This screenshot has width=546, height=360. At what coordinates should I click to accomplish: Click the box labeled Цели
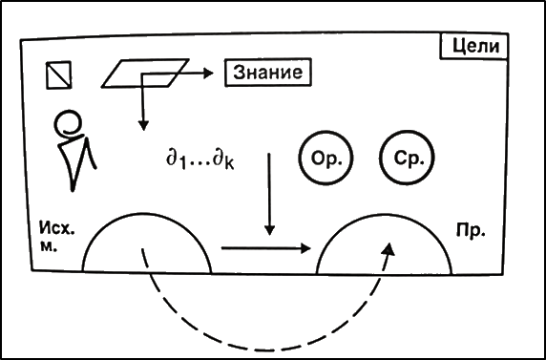pyautogui.click(x=473, y=47)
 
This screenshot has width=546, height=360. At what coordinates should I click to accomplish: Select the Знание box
pyautogui.click(x=268, y=73)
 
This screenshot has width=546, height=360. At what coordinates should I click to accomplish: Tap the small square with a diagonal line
pyautogui.click(x=58, y=74)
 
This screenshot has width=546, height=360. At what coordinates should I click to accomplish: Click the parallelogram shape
pyautogui.click(x=145, y=73)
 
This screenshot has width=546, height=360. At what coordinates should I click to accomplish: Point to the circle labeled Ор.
pyautogui.click(x=325, y=158)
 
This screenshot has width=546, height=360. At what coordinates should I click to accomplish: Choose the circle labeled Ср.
pyautogui.click(x=408, y=158)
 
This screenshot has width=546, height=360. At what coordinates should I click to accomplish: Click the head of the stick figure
pyautogui.click(x=71, y=122)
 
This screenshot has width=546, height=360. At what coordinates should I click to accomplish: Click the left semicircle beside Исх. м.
pyautogui.click(x=147, y=213)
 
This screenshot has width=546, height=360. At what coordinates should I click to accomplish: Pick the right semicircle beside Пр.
pyautogui.click(x=384, y=214)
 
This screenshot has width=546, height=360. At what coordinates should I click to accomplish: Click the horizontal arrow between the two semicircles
pyautogui.click(x=265, y=248)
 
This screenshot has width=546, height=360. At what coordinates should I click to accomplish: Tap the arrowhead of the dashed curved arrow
pyautogui.click(x=390, y=249)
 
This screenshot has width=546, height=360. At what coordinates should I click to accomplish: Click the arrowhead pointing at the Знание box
pyautogui.click(x=208, y=74)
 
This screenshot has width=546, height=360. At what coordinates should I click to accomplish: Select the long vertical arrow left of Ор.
pyautogui.click(x=269, y=194)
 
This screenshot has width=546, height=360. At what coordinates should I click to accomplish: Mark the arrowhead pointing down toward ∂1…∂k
pyautogui.click(x=143, y=125)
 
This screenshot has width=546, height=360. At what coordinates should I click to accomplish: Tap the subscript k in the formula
pyautogui.click(x=229, y=164)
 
